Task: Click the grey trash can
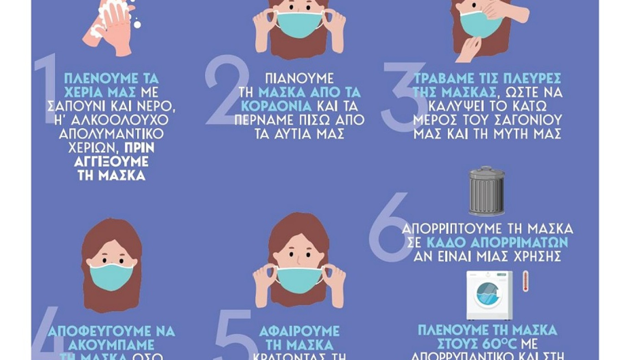487,191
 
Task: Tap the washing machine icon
489,295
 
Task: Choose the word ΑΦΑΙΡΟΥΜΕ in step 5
299,330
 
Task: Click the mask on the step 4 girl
112,276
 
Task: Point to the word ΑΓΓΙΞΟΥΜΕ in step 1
112,162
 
